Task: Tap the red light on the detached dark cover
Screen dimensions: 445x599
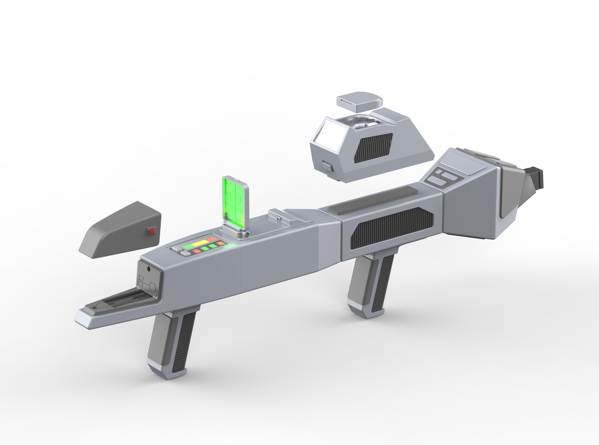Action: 151,230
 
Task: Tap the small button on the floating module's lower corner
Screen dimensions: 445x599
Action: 327,166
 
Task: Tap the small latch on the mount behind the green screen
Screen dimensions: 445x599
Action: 279,218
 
